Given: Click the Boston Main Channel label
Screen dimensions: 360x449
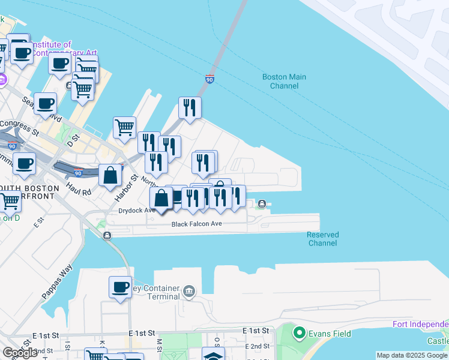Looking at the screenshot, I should pos(284,81).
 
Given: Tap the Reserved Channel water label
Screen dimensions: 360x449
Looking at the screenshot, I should pos(323,239).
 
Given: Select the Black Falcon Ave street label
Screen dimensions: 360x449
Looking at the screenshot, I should pos(197,224).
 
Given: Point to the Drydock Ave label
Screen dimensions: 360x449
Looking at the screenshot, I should pos(137,211).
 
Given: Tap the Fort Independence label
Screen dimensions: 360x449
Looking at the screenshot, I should pos(420,325).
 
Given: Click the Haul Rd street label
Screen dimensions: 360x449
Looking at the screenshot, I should pos(79,192).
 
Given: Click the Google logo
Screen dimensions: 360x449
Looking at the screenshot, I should pos(20,353).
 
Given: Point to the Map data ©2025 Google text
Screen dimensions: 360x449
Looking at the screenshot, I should pos(412,355).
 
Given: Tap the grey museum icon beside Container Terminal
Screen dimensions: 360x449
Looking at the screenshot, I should pos(190,292).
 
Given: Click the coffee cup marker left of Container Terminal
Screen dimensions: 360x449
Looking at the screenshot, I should pos(120,287).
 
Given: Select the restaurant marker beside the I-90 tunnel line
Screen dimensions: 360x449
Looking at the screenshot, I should pos(190,108).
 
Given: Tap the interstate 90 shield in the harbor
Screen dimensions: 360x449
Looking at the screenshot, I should pos(209,79).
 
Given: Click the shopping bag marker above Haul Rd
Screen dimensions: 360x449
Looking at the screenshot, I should pos(111,176).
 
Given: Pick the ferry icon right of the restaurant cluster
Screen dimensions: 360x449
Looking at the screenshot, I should pos(262,204).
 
